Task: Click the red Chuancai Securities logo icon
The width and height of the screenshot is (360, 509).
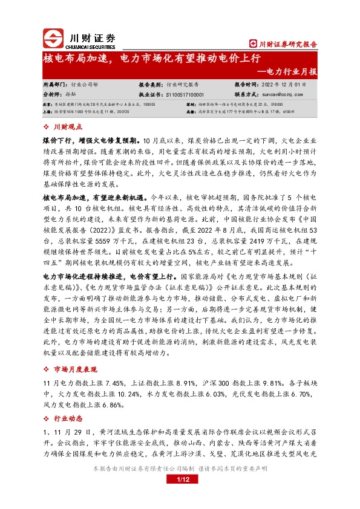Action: [54, 38]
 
